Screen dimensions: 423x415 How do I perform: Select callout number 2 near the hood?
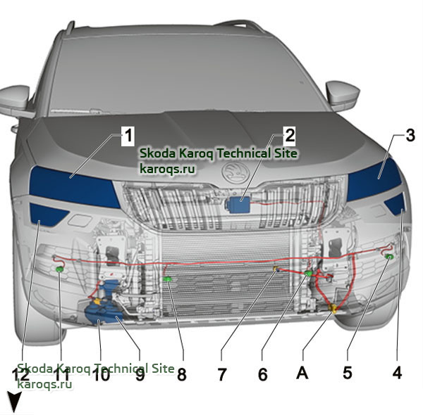(290, 135)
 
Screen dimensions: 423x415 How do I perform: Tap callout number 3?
(410, 135)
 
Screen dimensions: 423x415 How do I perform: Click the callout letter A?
(302, 373)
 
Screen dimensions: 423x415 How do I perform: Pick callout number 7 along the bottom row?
(222, 374)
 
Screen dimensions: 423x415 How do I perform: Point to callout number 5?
(348, 373)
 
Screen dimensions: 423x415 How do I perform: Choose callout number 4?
(397, 373)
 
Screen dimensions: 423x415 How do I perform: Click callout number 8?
(182, 374)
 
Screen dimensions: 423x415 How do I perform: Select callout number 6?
(262, 374)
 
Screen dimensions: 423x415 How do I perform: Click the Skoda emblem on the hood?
(235, 173)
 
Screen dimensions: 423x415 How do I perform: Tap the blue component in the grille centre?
(238, 205)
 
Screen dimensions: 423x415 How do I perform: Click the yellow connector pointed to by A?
(333, 308)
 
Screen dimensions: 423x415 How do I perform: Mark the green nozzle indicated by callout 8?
(168, 279)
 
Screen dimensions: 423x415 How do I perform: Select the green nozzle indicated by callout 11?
(59, 269)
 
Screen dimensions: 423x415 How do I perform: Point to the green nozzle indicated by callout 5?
(389, 257)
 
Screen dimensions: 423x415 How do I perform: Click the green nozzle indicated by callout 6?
(308, 273)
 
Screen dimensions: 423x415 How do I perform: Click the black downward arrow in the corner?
(14, 402)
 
